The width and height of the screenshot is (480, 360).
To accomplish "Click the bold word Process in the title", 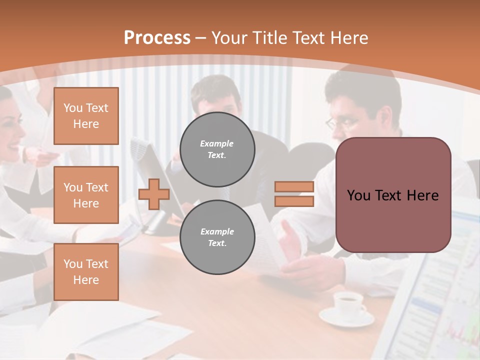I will [x=157, y=38].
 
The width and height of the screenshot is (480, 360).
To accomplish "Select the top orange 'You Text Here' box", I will [x=86, y=116].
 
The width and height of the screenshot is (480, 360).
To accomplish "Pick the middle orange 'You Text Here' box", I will [x=86, y=195].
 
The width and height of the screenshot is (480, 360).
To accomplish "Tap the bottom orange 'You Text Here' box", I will [x=86, y=272].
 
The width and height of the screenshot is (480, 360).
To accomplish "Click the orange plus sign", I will [x=154, y=194].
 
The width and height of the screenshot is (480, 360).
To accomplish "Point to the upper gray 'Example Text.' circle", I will [x=217, y=149].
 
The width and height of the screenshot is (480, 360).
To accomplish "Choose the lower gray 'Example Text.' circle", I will [x=217, y=237].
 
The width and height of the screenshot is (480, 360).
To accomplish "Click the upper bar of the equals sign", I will [x=294, y=187].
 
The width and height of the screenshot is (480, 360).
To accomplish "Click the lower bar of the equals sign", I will [x=294, y=201].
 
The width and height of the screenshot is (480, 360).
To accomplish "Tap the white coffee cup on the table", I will [x=348, y=303].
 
